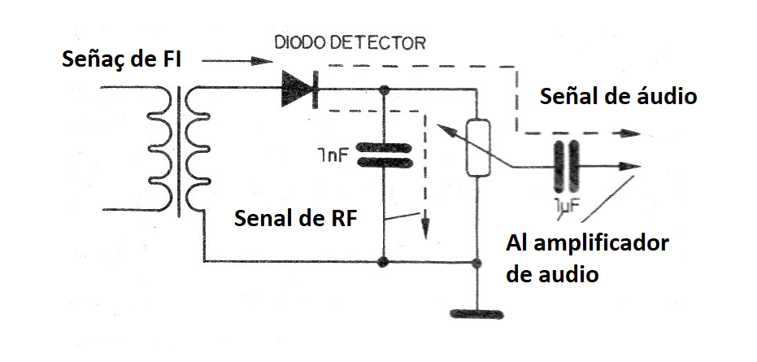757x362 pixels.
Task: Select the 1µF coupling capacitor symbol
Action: point(566,167)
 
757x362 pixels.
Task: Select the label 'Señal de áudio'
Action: point(619,96)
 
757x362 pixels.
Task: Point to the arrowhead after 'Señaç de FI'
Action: point(262,60)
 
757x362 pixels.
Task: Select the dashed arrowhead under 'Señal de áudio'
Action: point(629,133)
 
